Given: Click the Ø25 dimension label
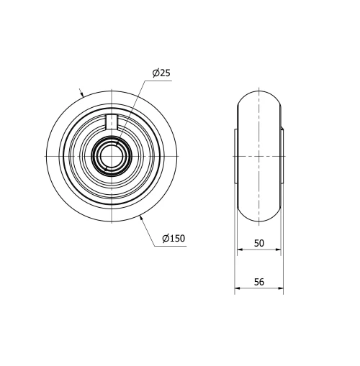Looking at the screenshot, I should [x=161, y=73].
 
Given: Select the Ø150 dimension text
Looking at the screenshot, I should [x=174, y=238].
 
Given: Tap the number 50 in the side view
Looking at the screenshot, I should [x=259, y=244].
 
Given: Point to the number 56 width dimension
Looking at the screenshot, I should [x=259, y=282].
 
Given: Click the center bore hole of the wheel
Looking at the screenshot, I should [x=113, y=156].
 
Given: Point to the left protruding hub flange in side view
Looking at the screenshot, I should [x=236, y=156].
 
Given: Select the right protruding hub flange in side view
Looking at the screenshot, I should [x=282, y=156].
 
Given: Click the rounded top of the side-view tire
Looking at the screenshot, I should [x=259, y=92].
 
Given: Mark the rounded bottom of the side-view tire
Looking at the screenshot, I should [x=259, y=220].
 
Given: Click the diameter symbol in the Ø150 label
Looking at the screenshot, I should [x=166, y=238].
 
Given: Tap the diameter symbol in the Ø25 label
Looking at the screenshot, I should [x=156, y=73].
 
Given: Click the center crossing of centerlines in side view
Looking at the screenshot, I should [x=259, y=156].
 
